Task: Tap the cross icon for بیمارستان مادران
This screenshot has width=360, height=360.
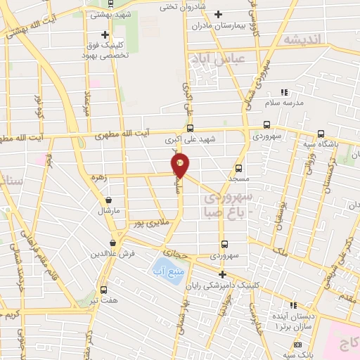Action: (218, 14)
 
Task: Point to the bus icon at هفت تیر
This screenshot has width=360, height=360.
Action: (104, 290)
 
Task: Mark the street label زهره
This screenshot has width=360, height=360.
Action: (97, 178)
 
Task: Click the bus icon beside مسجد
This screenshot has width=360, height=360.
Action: (238, 168)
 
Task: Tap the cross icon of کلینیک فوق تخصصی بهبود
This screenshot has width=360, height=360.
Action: (105, 34)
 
